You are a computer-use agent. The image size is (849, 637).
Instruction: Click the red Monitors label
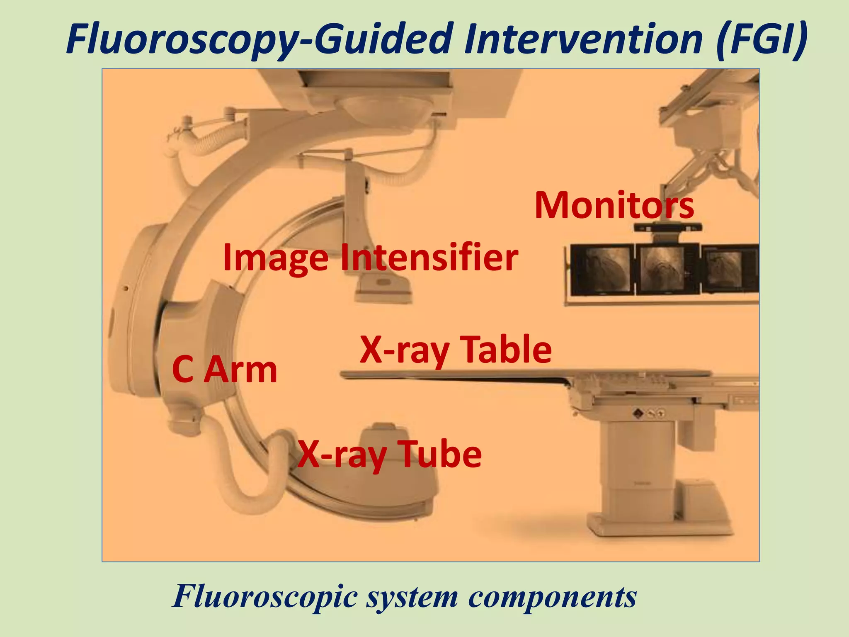[x=614, y=206]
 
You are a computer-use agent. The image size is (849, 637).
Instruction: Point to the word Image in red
[x=275, y=258]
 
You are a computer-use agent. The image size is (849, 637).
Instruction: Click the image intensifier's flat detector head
[x=383, y=290]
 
